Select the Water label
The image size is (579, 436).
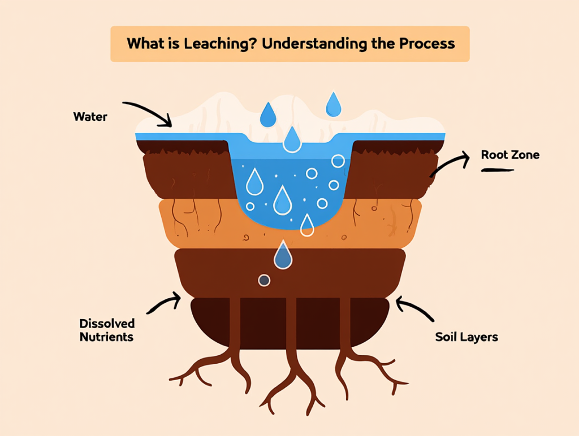click(x=90, y=117)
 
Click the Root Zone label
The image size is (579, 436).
click(x=510, y=155)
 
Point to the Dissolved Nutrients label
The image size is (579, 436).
click(x=107, y=330)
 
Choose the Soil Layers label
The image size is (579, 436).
click(x=466, y=337)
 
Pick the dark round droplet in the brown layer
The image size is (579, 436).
click(x=263, y=280)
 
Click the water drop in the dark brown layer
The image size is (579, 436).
click(x=283, y=256)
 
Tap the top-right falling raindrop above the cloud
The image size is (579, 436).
click(x=334, y=104)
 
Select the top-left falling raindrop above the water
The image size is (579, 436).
click(x=267, y=115)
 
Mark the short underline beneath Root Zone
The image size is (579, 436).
click(x=497, y=169)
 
